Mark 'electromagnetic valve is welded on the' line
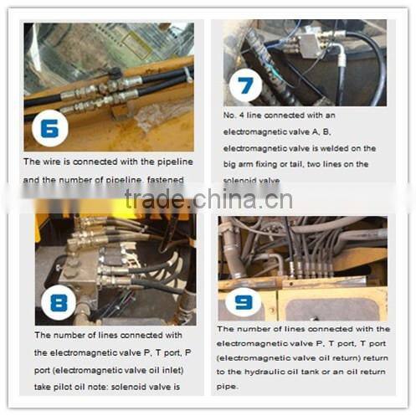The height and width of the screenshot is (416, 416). (299, 148)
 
